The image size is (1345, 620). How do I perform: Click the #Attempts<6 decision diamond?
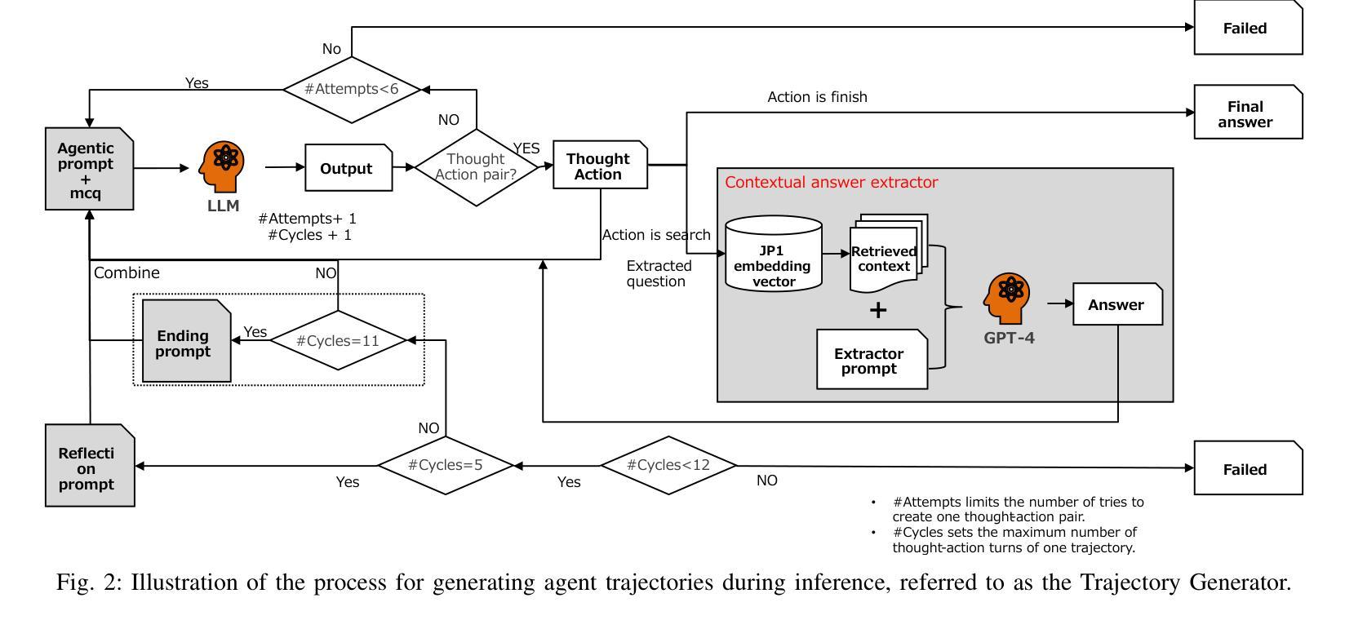pyautogui.click(x=352, y=89)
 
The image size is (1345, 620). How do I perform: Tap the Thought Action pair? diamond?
pyautogui.click(x=477, y=167)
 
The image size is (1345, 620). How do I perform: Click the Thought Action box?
pyautogui.click(x=600, y=166)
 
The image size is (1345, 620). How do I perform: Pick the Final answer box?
pyautogui.click(x=1247, y=113)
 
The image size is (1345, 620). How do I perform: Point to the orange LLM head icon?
pyautogui.click(x=221, y=166)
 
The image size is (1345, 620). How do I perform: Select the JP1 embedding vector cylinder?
pyautogui.click(x=773, y=254)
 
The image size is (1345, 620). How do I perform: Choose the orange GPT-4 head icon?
pyautogui.click(x=1009, y=298)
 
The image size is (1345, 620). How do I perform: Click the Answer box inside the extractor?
pyautogui.click(x=1116, y=304)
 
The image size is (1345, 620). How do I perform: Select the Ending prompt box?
pyautogui.click(x=185, y=342)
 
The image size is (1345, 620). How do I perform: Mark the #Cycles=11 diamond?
pyautogui.click(x=338, y=340)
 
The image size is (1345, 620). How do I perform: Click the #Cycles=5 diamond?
pyautogui.click(x=446, y=465)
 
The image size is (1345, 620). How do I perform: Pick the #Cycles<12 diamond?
pyautogui.click(x=668, y=465)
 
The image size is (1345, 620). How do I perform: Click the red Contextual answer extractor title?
pyautogui.click(x=831, y=182)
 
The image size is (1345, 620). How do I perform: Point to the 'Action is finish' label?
pyautogui.click(x=817, y=97)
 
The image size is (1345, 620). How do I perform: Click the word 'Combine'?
pyautogui.click(x=127, y=272)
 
